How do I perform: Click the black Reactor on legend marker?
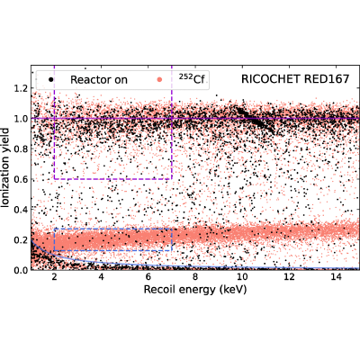coord(51,80)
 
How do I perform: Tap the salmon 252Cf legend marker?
coord(159,80)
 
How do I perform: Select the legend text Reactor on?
coord(99,80)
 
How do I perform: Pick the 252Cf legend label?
coord(192,79)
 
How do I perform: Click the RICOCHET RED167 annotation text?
coord(295,79)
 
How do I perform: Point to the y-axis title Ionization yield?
coord(5,167)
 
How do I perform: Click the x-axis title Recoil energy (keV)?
coord(195,290)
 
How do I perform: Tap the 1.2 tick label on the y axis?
coord(21,88)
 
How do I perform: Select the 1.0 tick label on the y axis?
coord(21,119)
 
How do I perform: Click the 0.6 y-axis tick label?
coord(21,179)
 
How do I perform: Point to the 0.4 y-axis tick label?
coord(21,210)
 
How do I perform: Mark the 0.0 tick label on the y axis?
coord(21,270)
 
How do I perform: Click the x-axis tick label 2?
coord(55,276)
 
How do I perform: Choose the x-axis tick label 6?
coord(148,276)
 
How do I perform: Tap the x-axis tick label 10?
coord(242,276)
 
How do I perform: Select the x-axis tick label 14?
coord(337,276)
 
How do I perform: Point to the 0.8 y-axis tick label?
coord(21,148)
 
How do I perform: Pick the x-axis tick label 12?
coord(290,276)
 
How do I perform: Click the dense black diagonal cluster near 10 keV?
coord(255,120)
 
